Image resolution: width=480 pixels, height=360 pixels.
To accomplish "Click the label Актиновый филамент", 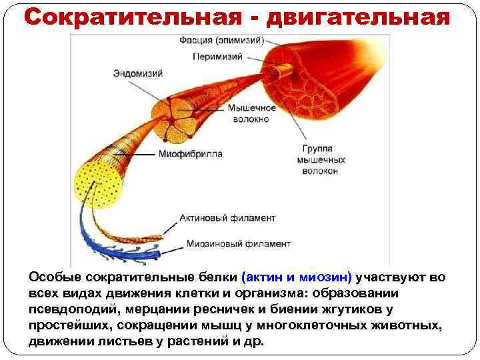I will click(x=227, y=218).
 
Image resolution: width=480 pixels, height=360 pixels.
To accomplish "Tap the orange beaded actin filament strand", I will click(x=133, y=233).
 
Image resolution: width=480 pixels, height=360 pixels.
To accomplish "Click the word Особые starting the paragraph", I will click(x=51, y=277).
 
